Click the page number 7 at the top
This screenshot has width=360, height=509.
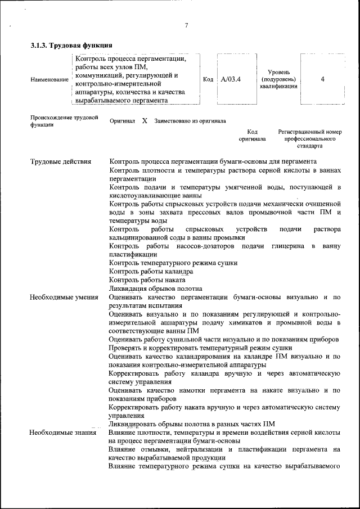186,25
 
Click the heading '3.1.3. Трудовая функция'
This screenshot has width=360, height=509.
71,44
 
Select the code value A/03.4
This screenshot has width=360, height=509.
231,79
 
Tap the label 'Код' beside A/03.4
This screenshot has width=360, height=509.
208,79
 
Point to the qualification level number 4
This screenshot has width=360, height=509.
322,79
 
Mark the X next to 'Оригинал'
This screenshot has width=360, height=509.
145,121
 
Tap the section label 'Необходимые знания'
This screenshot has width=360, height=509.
62,433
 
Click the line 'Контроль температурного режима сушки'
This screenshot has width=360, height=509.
173,263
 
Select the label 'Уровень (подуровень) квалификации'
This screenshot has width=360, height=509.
278,79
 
